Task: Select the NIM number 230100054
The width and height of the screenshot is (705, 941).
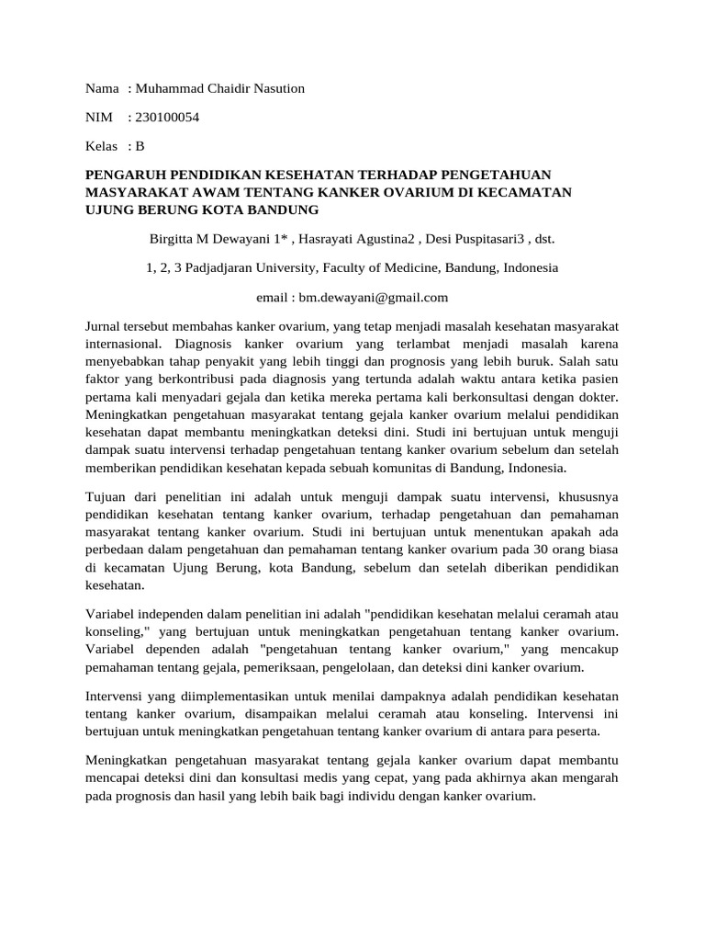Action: (x=167, y=117)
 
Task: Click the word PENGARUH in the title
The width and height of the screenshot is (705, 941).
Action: (x=129, y=176)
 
